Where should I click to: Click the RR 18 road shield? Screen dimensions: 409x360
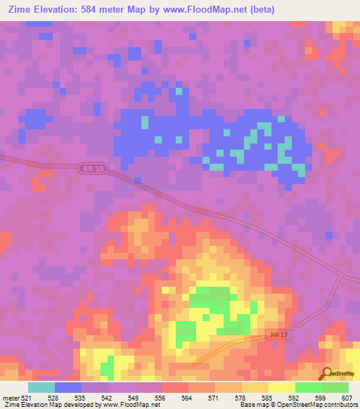tap(93, 169)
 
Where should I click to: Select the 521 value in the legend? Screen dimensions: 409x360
tap(27, 398)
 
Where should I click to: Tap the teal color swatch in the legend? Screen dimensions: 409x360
tap(41, 387)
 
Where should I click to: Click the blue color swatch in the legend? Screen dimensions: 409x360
tap(68, 387)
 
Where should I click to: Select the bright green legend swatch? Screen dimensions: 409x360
tap(309, 387)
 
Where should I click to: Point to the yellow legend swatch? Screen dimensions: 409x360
tap(282, 387)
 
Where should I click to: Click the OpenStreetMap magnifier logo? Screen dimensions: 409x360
tap(325, 374)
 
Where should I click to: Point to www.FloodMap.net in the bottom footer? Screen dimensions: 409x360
tap(131, 405)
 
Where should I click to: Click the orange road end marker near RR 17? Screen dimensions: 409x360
tap(195, 363)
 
